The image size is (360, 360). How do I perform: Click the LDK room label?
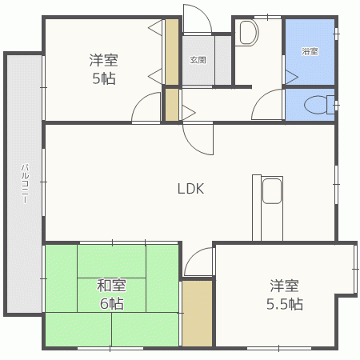(x=191, y=189)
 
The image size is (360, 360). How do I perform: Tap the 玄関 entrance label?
(x=198, y=59)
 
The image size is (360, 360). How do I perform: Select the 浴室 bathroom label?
(x=310, y=51)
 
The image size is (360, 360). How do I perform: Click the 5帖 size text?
(x=104, y=78)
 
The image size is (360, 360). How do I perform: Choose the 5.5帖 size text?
(x=284, y=304)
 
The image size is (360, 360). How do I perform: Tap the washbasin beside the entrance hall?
(x=248, y=33)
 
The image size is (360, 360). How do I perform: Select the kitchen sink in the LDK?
(x=271, y=192)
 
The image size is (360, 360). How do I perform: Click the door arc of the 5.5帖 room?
(x=199, y=262)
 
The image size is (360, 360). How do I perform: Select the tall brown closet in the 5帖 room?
(x=171, y=52)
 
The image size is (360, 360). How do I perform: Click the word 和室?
(x=111, y=285)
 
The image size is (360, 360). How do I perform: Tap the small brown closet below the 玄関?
(x=170, y=105)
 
